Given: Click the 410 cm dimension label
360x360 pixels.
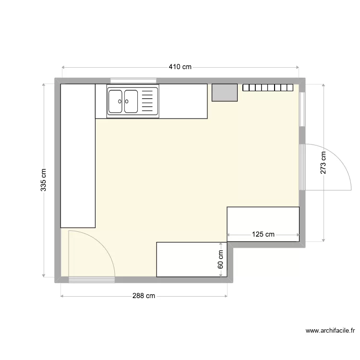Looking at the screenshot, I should point(180,67).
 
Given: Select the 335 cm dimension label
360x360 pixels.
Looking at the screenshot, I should point(44,180).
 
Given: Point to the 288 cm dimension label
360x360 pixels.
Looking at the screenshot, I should point(144,296).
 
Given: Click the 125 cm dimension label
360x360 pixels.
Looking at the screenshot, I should point(263,235).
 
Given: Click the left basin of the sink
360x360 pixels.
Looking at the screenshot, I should point(116,101).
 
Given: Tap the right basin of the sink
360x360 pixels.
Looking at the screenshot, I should point(131,101).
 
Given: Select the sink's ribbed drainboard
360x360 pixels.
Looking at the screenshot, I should point(149,101).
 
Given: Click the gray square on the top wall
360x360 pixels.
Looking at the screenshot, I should point(225,93).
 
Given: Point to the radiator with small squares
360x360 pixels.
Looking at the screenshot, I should point(267,88).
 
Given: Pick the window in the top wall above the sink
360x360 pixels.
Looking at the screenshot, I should point(133,81).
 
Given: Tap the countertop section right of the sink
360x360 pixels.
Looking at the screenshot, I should point(183,101).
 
